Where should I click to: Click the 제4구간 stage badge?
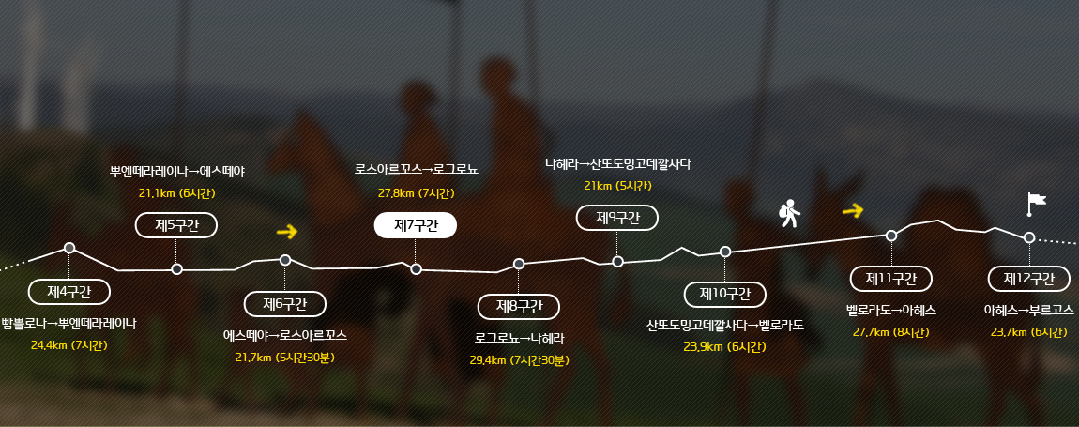68,291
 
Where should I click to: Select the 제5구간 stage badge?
176,225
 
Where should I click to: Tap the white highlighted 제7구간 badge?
415,225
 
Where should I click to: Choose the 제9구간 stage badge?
617,218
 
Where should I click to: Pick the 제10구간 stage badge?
724,294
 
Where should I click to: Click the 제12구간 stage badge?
1028,279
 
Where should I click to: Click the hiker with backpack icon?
789,214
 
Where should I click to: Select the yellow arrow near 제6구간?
287,232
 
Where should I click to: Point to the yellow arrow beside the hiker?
853,210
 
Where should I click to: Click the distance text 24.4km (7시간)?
68,344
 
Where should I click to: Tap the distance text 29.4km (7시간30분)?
520,359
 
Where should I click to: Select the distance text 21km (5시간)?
617,185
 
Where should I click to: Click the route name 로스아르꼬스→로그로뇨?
417,169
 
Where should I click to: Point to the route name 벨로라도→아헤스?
891,310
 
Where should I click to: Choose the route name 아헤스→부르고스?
1028,310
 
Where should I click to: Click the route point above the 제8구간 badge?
519,264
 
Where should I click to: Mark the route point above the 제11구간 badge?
891,236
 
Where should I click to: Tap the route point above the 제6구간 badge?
285,260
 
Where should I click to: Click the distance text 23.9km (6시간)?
724,346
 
